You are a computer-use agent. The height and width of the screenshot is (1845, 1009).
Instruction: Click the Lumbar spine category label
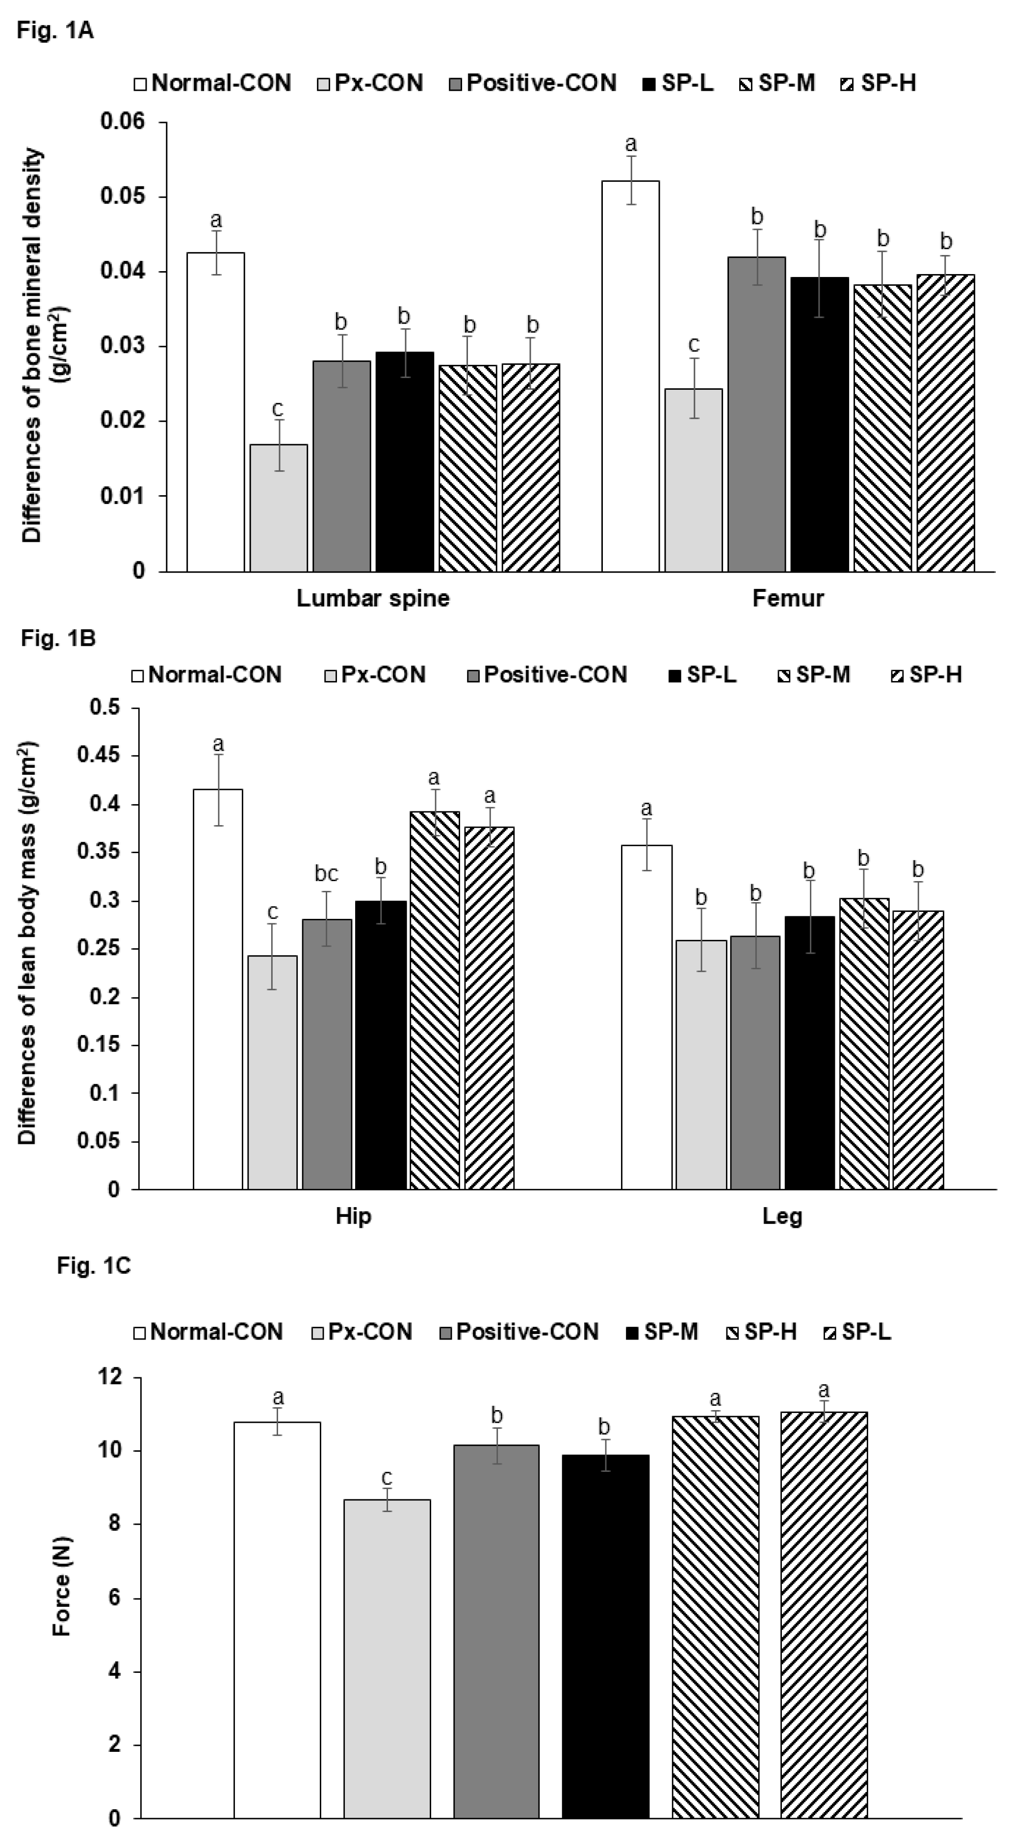pyautogui.click(x=373, y=598)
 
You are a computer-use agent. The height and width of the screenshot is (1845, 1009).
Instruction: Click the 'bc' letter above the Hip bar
pyautogui.click(x=326, y=873)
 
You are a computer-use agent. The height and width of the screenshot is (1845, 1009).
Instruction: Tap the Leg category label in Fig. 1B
pyautogui.click(x=782, y=1216)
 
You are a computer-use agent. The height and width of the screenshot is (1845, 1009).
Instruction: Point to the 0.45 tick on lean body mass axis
pyautogui.click(x=104, y=757)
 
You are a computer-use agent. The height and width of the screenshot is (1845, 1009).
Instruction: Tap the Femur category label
pyautogui.click(x=788, y=598)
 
